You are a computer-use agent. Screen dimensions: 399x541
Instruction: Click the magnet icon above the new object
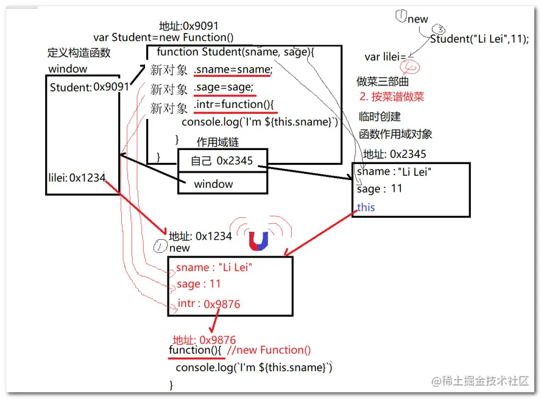259,241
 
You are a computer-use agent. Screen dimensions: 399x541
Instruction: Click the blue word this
366,207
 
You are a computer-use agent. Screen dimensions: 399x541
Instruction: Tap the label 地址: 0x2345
394,154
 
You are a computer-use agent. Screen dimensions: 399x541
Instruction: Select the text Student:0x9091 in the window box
90,87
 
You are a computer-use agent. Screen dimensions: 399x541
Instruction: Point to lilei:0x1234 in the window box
77,178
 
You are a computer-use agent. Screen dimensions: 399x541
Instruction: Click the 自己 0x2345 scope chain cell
222,160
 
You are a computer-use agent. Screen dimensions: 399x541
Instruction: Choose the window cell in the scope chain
213,184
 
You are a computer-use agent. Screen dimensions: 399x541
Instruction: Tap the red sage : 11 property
199,284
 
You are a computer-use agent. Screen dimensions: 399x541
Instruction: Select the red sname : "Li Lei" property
214,267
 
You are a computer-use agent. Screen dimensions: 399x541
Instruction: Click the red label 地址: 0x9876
204,340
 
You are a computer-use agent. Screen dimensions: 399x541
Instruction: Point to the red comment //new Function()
268,350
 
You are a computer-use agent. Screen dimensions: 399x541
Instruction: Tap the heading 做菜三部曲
383,81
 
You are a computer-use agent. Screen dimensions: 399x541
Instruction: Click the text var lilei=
385,57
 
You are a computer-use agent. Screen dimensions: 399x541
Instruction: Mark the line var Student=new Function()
163,38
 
